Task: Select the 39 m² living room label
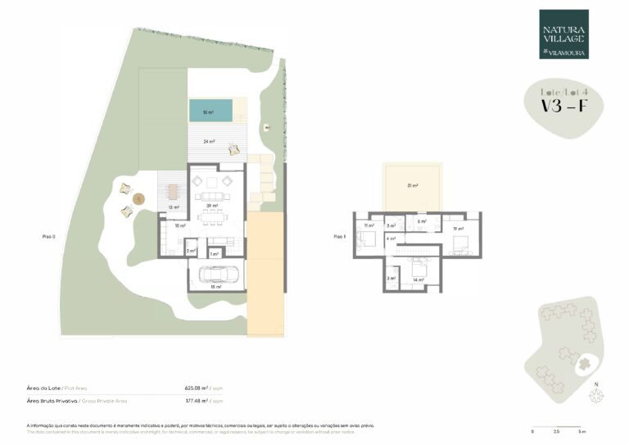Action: [210, 206]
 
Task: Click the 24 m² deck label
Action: [210, 142]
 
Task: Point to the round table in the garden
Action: [138, 198]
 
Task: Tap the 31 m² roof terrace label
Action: [414, 186]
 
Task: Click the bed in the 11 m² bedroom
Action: [366, 239]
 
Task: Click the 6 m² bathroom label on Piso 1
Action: [422, 222]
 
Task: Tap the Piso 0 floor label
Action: [48, 236]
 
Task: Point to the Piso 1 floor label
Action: [340, 236]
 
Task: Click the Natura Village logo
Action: [563, 34]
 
